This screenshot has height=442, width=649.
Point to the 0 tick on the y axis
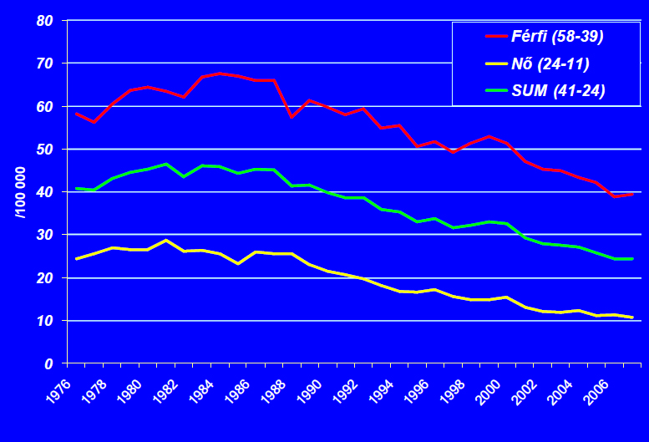pyautogui.click(x=48, y=364)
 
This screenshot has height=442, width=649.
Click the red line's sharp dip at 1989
pyautogui.click(x=292, y=117)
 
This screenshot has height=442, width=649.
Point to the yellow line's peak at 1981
pyautogui.click(x=166, y=240)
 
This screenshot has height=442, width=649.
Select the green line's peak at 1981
pyautogui.click(x=166, y=164)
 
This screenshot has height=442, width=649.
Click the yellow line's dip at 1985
pyautogui.click(x=238, y=263)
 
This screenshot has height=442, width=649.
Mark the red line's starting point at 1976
pyautogui.click(x=76, y=114)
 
